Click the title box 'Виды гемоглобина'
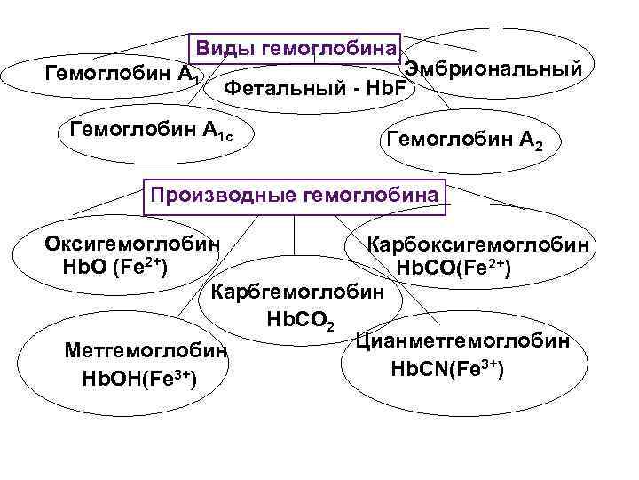tap(296, 48)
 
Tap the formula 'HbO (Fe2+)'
tap(115, 266)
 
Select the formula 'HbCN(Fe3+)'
tap(447, 367)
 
